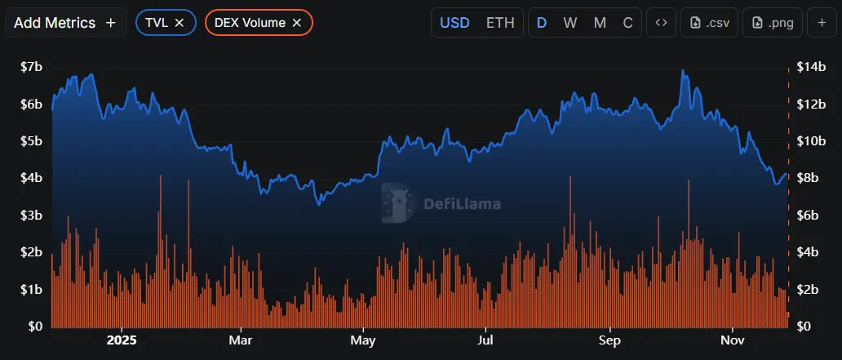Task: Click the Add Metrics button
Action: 65,23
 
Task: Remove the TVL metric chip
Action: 179,23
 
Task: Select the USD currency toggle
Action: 454,23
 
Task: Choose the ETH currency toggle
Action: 500,23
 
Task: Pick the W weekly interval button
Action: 570,23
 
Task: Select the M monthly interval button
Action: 600,23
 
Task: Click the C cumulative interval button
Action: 627,23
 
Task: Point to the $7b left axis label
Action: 32,67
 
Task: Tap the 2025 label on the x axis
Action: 122,340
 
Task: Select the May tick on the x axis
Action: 362,340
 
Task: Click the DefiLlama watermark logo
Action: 441,204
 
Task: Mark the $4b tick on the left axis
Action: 32,178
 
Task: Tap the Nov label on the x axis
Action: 733,340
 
